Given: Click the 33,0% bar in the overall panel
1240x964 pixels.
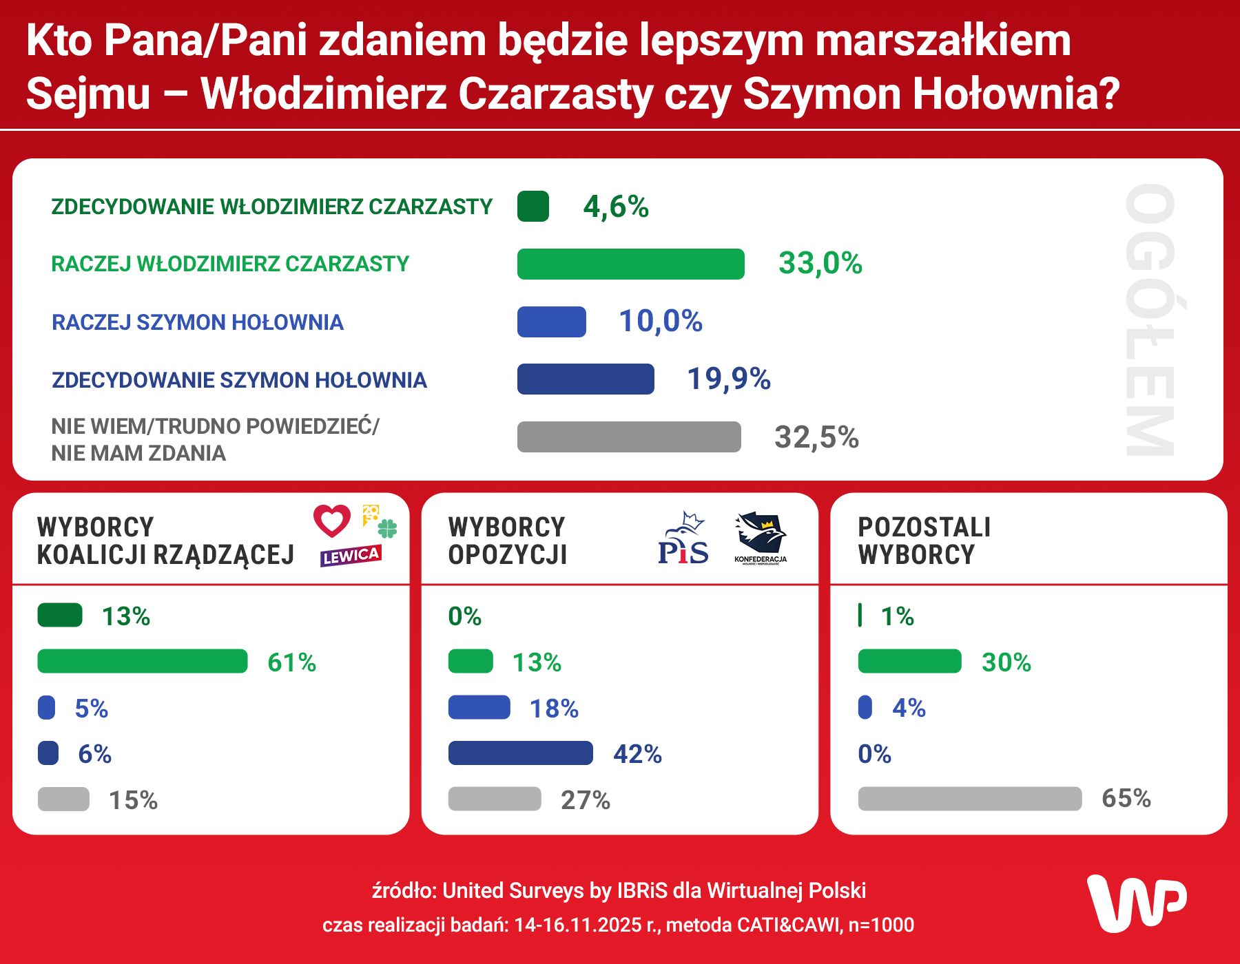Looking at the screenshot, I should click(630, 264).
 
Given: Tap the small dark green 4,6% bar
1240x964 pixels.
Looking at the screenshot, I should click(533, 207).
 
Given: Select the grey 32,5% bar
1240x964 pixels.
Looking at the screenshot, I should click(629, 437).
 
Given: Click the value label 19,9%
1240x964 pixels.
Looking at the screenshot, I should click(729, 379).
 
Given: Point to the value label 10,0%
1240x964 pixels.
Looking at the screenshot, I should click(660, 321).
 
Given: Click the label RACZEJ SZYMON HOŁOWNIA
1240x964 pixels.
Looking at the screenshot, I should click(198, 322).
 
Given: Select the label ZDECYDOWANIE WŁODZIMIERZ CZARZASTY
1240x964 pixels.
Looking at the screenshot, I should click(272, 207).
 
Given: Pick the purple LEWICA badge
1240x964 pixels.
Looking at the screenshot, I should click(350, 556).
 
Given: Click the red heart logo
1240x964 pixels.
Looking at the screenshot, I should click(332, 521).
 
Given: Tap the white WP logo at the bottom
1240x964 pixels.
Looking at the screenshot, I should click(1137, 903).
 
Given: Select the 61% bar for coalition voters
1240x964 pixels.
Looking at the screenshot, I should click(142, 661).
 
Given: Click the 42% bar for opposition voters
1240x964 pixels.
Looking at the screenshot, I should click(520, 753).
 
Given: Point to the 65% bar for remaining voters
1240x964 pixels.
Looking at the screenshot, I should click(969, 799).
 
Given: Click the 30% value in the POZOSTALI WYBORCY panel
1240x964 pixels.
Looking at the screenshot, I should click(1006, 662).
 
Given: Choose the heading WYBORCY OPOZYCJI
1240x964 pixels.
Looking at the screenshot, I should click(507, 541).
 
